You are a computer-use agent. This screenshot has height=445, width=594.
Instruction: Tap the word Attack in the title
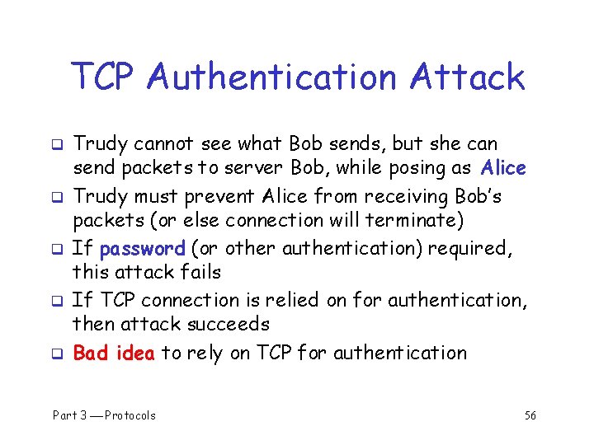click(x=467, y=77)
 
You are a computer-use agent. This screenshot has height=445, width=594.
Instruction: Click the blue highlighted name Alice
click(x=503, y=168)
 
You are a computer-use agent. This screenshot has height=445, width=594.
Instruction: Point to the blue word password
click(x=141, y=248)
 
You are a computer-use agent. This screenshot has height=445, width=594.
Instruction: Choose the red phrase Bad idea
click(x=114, y=353)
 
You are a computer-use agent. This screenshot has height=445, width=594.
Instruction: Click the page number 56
click(x=530, y=415)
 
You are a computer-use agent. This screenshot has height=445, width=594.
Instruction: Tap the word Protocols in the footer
click(x=130, y=415)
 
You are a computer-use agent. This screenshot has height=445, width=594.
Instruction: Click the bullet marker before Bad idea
click(x=59, y=354)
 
